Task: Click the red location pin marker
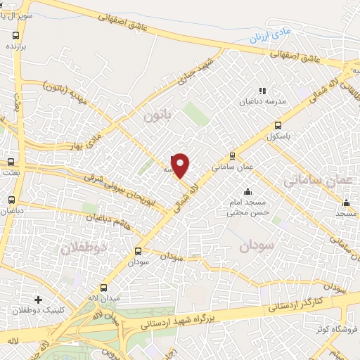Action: tap(181, 165)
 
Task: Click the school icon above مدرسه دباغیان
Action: tap(262, 91)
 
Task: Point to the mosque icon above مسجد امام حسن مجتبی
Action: tap(247, 192)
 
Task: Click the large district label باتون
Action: tap(157, 115)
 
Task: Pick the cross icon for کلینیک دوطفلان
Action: tap(38, 300)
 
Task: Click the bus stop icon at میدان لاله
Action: tap(104, 288)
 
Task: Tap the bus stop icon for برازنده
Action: tap(16, 34)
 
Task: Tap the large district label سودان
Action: tap(254, 247)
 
